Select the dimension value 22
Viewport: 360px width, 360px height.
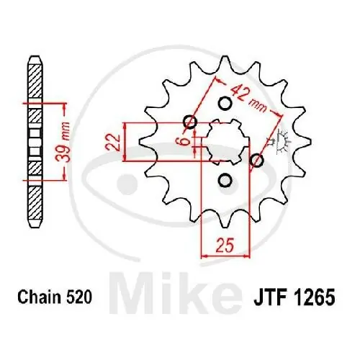coord(112,140)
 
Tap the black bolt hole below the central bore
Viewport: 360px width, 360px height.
coord(224,180)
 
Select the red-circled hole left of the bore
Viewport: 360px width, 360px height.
coord(190,122)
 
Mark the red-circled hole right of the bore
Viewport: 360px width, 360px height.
coord(257,161)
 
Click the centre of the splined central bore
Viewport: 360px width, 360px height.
coord(222,140)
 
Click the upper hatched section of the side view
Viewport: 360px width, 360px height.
coord(35,79)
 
